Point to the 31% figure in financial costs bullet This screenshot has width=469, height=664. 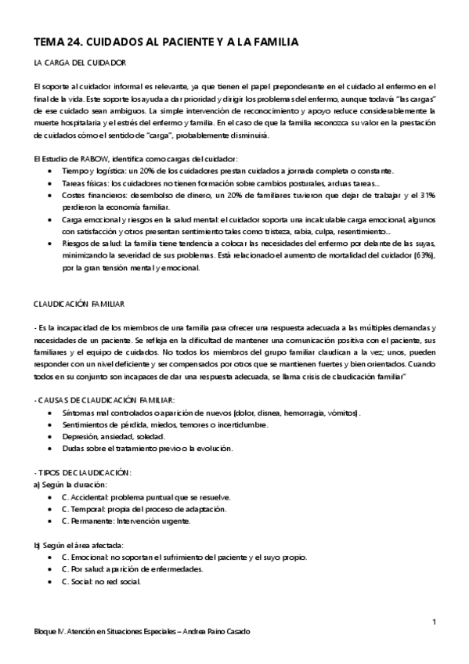[x=428, y=194]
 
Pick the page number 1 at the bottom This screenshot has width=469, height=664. [x=433, y=621]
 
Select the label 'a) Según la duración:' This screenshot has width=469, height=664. [x=70, y=485]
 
